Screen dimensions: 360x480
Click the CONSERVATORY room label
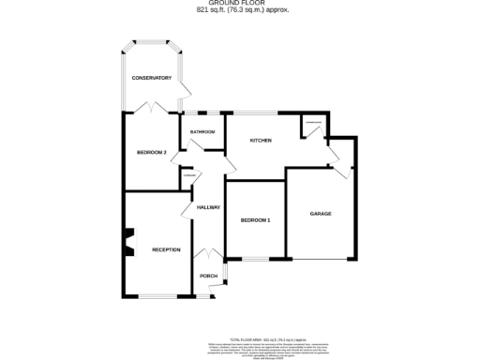tap(151, 77)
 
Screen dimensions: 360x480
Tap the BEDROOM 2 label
tap(151, 152)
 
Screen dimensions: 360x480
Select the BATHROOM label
tap(202, 132)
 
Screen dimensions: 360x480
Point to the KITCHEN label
tap(260, 141)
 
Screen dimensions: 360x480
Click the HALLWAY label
tap(207, 207)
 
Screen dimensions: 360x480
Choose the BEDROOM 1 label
tap(255, 220)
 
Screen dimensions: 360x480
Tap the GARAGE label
tap(321, 214)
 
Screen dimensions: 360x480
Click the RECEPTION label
tap(166, 249)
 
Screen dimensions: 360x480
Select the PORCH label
tap(208, 276)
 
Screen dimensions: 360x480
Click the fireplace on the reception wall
tap(130, 242)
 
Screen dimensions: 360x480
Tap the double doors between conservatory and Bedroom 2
tap(151, 110)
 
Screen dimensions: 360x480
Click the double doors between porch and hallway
tap(206, 254)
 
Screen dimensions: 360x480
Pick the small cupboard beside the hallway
tap(188, 178)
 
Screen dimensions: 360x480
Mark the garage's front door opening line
tap(321, 259)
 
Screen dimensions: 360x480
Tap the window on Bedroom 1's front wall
tap(254, 259)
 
